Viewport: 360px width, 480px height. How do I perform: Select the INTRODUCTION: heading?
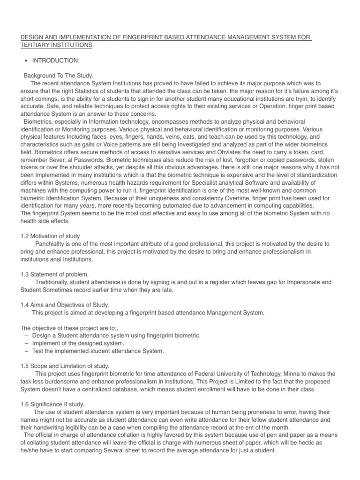(51, 60)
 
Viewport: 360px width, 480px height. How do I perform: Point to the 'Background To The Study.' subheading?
(59, 75)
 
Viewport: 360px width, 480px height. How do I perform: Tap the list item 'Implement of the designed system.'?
(80, 343)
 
